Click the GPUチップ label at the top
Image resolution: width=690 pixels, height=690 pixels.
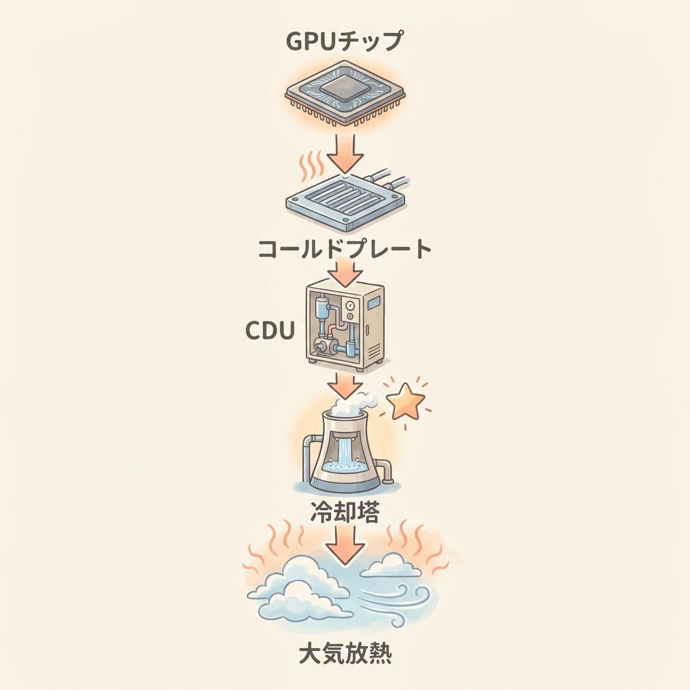tap(344, 41)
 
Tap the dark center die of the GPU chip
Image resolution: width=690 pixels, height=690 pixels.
tap(345, 89)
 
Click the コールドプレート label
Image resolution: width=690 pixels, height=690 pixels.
tap(344, 249)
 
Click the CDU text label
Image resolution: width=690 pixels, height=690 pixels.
tap(270, 330)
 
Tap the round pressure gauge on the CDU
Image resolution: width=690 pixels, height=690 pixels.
tap(350, 305)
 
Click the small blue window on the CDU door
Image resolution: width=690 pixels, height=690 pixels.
tap(375, 302)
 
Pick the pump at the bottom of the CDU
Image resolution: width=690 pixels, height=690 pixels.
tap(324, 348)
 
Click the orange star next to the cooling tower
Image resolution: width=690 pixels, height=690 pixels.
tap(406, 400)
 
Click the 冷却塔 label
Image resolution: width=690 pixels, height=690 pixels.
tap(344, 512)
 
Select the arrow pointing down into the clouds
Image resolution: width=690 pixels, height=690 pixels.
tap(346, 545)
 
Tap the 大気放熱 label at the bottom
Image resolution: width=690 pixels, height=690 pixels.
tap(344, 654)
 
